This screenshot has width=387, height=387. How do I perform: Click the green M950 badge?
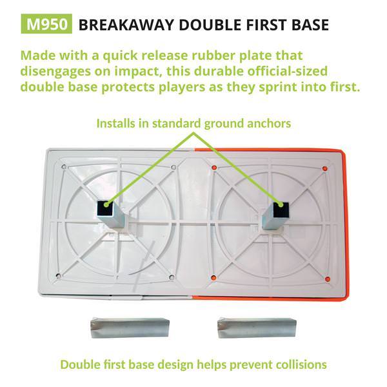coord(46,25)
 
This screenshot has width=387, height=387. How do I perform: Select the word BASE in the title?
coord(306,25)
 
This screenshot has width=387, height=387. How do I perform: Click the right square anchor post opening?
coord(279,208)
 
